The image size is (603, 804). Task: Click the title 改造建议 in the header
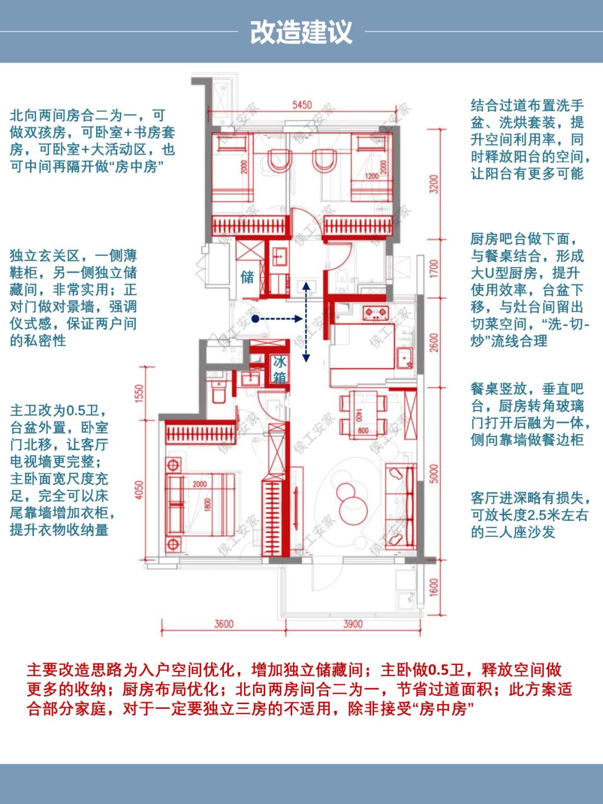[x=301, y=32]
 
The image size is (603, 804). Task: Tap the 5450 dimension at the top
[x=301, y=105]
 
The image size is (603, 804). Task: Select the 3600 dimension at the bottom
[x=223, y=624]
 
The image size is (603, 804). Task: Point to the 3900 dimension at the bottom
[x=353, y=624]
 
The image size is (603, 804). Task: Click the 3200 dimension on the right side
[x=434, y=184]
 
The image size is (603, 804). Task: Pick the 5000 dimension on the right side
[x=434, y=474]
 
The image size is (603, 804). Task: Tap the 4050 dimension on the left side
[x=140, y=489]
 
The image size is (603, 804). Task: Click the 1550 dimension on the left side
[x=140, y=393]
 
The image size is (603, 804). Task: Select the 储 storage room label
[x=247, y=277]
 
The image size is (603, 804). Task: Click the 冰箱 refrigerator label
[x=279, y=369]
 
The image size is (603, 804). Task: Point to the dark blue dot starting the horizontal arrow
[x=255, y=319]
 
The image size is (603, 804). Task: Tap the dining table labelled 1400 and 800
[x=363, y=413]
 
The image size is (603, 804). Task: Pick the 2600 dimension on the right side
[x=434, y=342]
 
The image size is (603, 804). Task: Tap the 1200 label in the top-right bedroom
[x=371, y=176]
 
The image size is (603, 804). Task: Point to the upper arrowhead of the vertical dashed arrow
[x=306, y=286]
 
